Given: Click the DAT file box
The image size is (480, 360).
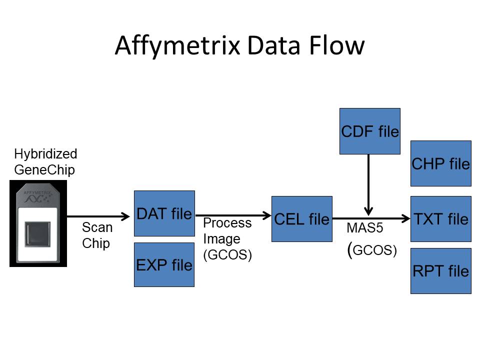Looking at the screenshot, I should click(x=164, y=213).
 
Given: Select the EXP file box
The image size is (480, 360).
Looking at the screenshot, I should click(x=164, y=264).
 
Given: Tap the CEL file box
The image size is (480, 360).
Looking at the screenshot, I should click(x=301, y=219).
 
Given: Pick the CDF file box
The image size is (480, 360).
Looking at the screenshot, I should click(x=369, y=131).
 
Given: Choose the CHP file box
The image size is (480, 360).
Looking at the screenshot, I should click(x=440, y=163).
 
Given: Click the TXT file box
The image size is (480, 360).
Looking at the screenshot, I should click(x=440, y=219).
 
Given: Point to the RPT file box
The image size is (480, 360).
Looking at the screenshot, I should click(x=440, y=271).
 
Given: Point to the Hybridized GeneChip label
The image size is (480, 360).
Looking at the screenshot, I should click(x=45, y=161).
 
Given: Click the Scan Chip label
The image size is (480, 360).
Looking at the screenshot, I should click(x=97, y=235).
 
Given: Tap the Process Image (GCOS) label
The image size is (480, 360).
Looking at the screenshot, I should click(x=227, y=239).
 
